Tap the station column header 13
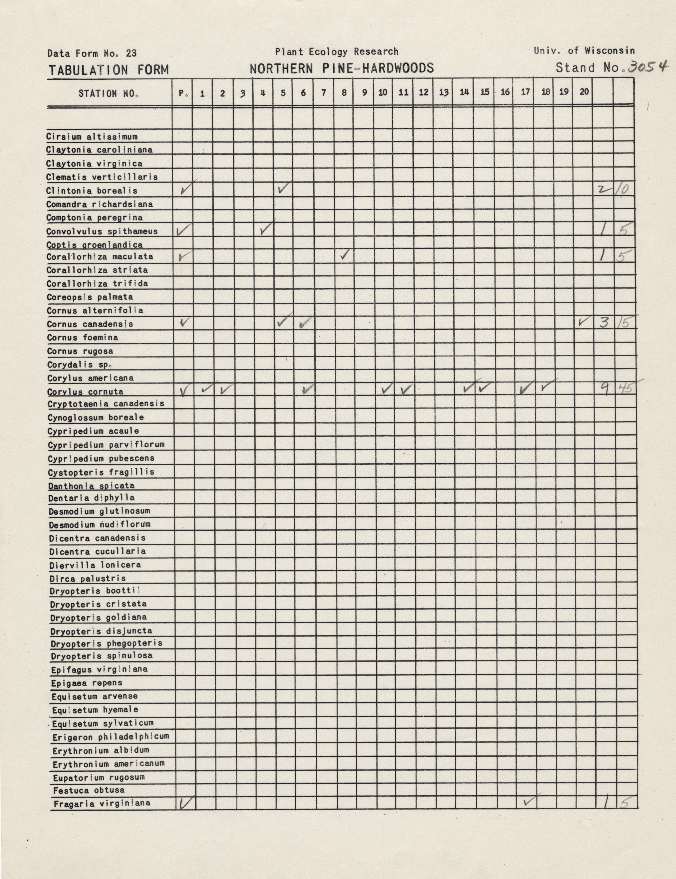444,92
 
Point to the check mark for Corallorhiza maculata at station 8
345,255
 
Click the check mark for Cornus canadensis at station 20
584,321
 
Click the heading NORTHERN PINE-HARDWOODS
342,68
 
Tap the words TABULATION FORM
108,70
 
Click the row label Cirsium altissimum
92,137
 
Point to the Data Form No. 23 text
92,53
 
